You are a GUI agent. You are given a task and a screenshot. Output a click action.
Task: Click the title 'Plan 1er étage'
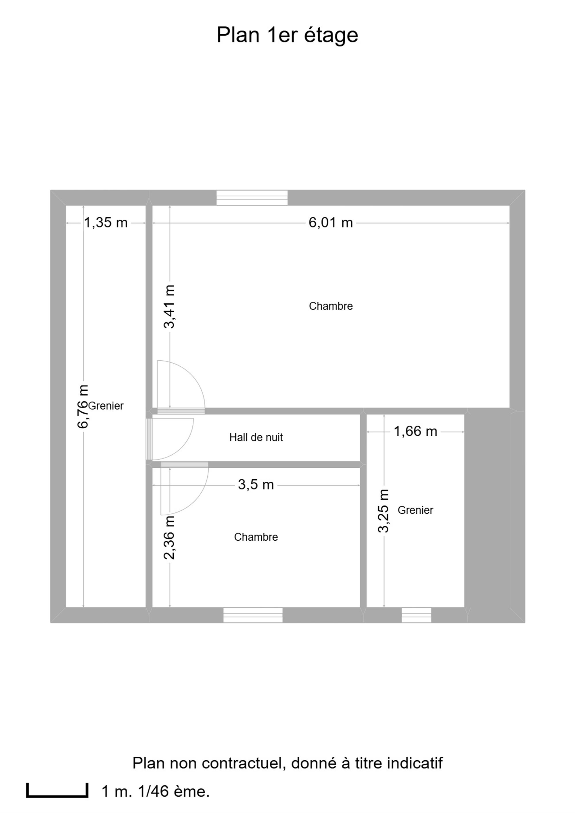pos(287,35)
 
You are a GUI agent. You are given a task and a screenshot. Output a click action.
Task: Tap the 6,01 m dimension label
pos(331,223)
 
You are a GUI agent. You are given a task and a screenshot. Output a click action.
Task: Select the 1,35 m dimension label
pos(106,223)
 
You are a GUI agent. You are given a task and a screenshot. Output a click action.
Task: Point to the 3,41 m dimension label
pos(170,307)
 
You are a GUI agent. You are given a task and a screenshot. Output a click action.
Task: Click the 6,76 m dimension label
pos(83,407)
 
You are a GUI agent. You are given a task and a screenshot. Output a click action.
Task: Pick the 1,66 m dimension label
pos(415,432)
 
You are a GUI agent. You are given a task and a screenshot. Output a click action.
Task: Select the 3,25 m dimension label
pos(384,511)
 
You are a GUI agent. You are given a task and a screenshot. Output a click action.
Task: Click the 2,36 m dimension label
pos(170,537)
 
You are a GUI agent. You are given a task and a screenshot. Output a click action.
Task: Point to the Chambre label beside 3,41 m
pos(331,306)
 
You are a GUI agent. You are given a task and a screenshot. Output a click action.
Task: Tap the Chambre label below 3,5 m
pos(256,537)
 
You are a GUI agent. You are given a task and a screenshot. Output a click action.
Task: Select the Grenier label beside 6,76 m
pos(106,406)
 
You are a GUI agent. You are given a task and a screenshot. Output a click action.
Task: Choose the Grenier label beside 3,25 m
pos(415,510)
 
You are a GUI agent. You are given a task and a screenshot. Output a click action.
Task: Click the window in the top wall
pos(252,198)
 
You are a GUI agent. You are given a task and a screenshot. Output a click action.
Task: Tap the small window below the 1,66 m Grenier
pos(416,615)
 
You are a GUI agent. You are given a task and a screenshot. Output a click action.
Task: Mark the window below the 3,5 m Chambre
pos(253,615)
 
